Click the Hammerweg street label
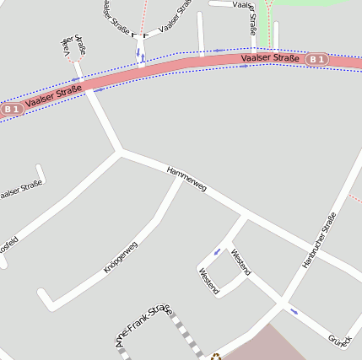[186, 179]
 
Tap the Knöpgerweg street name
[120, 256]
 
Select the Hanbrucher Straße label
[319, 241]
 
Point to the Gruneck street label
[340, 339]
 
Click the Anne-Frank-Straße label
[143, 326]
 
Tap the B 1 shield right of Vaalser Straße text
[316, 59]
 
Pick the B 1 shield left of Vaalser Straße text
[10, 109]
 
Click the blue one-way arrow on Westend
[217, 251]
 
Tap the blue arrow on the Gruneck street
[294, 311]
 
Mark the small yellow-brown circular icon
[215, 357]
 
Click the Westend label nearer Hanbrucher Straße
[240, 261]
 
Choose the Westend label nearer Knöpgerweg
[208, 282]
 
